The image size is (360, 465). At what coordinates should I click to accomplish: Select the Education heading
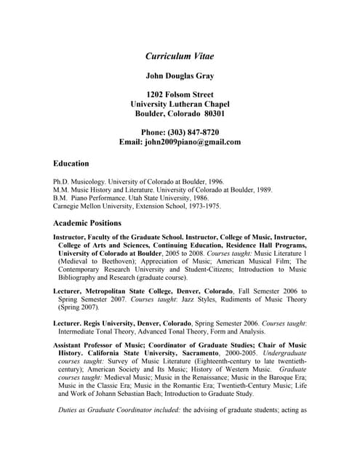pyautogui.click(x=71, y=163)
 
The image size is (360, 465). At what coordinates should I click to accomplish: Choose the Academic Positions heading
pyautogui.click(x=87, y=223)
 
